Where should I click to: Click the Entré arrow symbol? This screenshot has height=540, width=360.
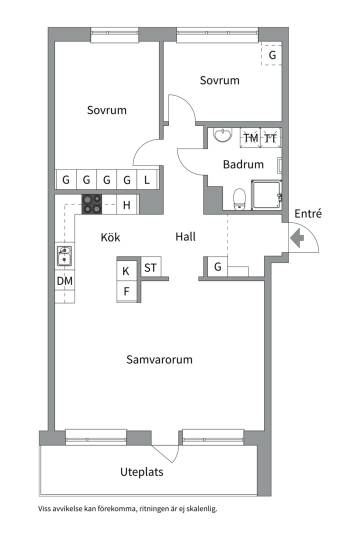tap(297, 238)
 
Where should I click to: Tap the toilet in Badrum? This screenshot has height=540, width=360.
tap(239, 198)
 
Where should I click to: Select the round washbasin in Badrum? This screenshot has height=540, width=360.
tap(222, 134)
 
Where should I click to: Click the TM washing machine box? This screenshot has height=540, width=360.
tap(251, 137)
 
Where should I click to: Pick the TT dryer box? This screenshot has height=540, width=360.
tap(270, 137)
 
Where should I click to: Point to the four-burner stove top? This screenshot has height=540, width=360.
tap(92, 204)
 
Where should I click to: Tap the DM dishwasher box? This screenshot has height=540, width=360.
tap(64, 281)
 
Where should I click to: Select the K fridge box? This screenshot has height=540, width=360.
tap(126, 271)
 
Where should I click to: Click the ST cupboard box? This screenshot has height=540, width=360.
tap(150, 267)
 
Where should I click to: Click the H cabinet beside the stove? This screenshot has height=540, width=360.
tap(127, 204)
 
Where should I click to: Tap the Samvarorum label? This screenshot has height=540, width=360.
tap(159, 359)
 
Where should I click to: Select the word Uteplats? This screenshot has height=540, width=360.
tap(141, 471)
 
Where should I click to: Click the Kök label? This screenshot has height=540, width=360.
tap(110, 237)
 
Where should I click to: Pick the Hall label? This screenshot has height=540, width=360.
tap(185, 237)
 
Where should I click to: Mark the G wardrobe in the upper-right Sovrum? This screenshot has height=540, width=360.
tap(272, 55)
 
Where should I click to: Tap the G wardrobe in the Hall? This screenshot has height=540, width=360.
tap(217, 267)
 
